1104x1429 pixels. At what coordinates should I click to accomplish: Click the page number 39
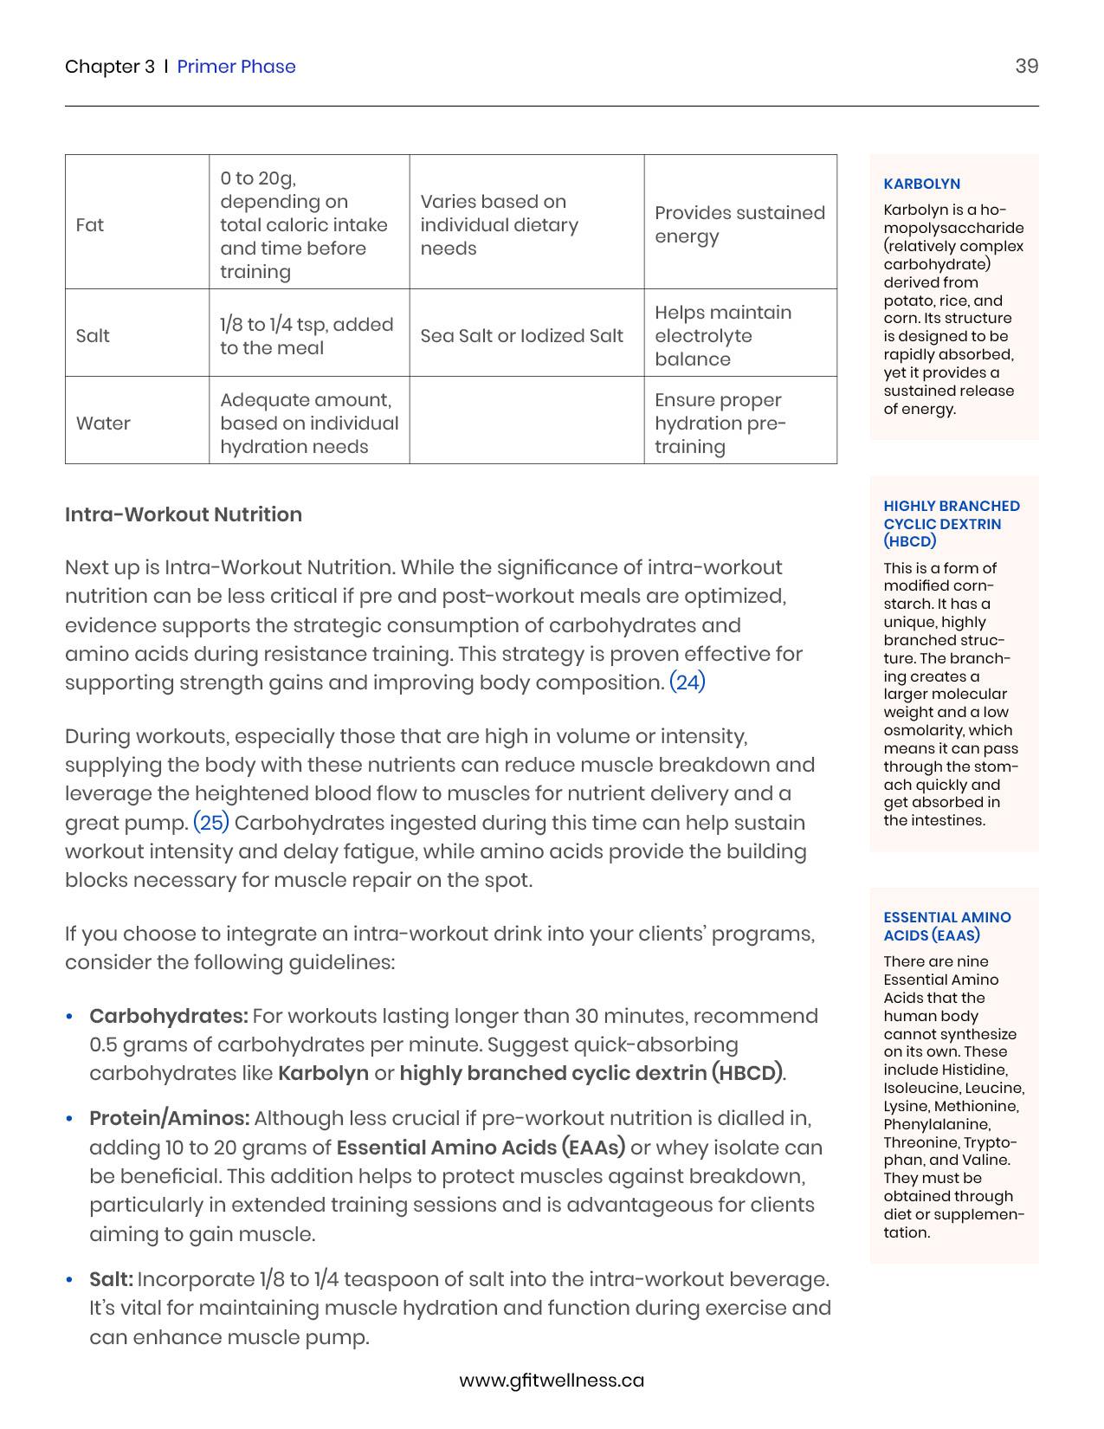tap(1026, 67)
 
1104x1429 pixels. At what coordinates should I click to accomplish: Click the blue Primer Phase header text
tap(236, 67)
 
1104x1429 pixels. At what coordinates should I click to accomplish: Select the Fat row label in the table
tap(90, 225)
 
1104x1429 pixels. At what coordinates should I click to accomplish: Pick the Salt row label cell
tap(93, 336)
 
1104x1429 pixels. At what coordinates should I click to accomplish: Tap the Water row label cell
tap(103, 424)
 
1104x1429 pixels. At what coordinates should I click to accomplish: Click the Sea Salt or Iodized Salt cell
tap(521, 336)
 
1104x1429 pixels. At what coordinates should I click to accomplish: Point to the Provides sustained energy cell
tap(739, 224)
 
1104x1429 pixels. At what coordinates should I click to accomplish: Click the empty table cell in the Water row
tap(526, 421)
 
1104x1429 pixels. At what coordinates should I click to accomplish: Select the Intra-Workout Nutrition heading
tap(184, 514)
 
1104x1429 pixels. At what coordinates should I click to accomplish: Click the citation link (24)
tap(688, 682)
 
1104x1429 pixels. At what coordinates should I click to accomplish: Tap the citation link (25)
tap(211, 823)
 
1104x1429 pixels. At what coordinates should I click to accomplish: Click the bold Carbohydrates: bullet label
tap(169, 1016)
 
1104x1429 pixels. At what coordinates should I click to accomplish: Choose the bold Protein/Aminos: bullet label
tap(170, 1118)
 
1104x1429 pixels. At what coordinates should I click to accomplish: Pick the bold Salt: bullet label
tap(111, 1279)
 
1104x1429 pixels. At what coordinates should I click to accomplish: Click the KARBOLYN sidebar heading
tap(921, 184)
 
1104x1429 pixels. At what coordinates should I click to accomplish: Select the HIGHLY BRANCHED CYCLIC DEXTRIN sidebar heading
tap(951, 523)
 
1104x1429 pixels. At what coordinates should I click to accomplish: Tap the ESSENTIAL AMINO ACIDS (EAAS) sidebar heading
tap(946, 926)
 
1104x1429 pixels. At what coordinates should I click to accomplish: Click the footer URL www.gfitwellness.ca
tap(552, 1381)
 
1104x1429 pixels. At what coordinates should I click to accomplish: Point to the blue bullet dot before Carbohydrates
tap(70, 1017)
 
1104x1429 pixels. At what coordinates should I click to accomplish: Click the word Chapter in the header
tap(102, 67)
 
